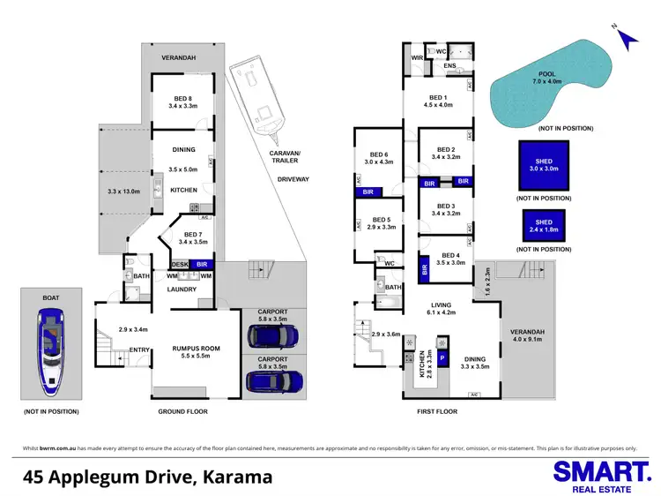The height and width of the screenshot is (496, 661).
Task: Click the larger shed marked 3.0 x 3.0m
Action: (x=543, y=165)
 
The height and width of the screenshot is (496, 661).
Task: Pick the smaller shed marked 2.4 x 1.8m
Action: (x=543, y=227)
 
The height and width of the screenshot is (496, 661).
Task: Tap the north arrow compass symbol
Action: (x=627, y=38)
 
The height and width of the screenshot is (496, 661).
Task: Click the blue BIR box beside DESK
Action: (x=203, y=264)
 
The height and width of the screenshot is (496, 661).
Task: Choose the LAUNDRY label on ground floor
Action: (x=182, y=288)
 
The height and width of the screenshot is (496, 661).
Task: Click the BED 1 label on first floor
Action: (x=439, y=98)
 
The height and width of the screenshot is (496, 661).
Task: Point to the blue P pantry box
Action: (x=442, y=358)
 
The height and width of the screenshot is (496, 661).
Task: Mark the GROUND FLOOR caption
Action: (x=182, y=412)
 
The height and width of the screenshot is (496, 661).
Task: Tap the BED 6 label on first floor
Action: (x=380, y=157)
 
